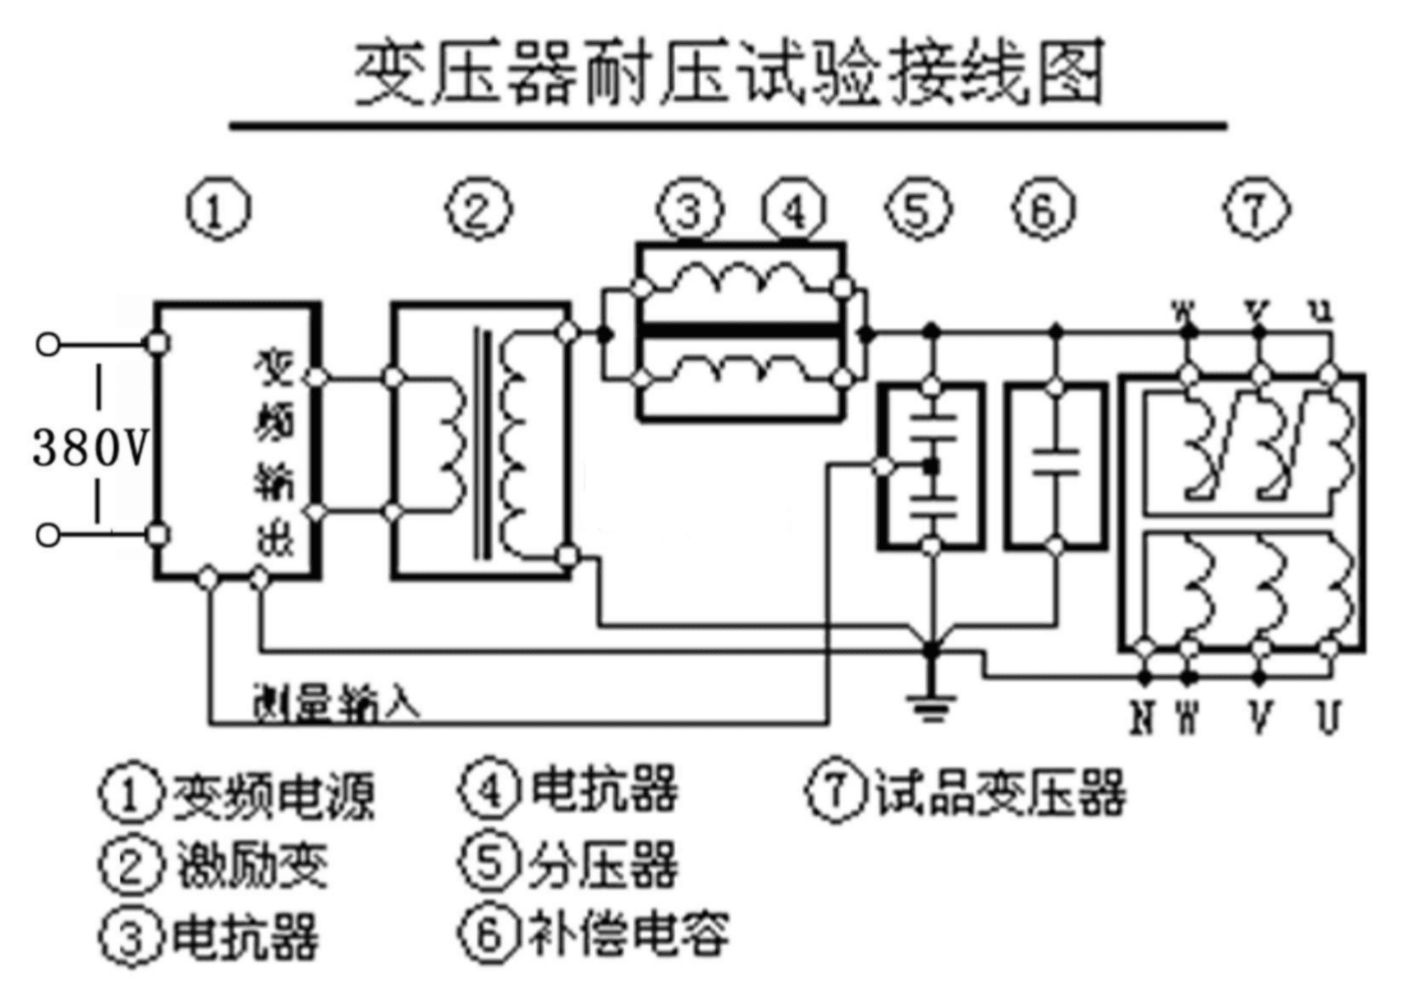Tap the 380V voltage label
tap(90, 447)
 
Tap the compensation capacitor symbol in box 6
tap(1056, 461)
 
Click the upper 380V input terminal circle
tap(49, 344)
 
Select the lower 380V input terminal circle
tap(49, 535)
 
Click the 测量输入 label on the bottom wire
tap(337, 702)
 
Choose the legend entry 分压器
tap(603, 864)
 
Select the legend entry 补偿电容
tap(629, 934)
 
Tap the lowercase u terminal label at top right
tap(1324, 310)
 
